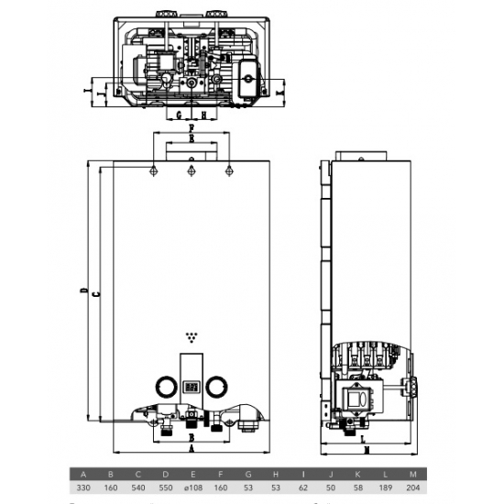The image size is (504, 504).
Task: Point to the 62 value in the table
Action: (304, 488)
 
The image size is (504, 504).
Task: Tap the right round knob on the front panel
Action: (219, 386)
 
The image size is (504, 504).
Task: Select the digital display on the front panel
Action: (191, 387)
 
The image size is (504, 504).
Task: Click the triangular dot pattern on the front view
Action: (191, 335)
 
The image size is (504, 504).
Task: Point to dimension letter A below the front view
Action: (191, 451)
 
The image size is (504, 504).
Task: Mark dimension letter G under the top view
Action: (180, 115)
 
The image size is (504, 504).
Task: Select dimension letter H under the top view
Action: (203, 115)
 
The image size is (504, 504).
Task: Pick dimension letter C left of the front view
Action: (94, 292)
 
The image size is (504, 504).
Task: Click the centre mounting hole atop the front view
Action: (191, 170)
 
